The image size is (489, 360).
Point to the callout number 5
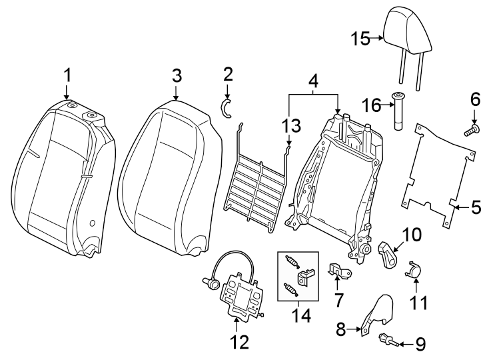coord(476,207)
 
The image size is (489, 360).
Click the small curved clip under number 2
coord(227,108)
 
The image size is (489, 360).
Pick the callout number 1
coord(67,75)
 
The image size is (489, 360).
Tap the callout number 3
coord(176,75)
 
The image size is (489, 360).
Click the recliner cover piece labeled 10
coord(388,253)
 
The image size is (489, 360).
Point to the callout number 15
coord(361,39)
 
